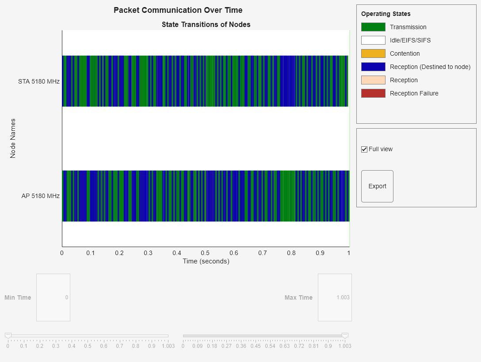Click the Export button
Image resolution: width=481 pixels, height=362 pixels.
(377, 186)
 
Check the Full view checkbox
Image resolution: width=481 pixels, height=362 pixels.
(364, 149)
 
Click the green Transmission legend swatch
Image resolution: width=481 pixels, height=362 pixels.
(373, 27)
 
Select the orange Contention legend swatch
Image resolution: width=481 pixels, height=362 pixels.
(373, 53)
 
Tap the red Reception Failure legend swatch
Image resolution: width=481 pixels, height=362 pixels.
(373, 93)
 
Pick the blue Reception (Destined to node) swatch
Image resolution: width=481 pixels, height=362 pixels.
(373, 67)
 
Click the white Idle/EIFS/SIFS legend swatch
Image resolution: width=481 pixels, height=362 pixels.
(373, 40)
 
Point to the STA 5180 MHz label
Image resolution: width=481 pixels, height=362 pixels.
(39, 81)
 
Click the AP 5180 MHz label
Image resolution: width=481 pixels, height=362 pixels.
(40, 196)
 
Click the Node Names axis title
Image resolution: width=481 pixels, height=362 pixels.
(13, 138)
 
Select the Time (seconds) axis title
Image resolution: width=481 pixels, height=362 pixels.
(206, 261)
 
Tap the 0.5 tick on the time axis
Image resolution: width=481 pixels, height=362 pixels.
(205, 253)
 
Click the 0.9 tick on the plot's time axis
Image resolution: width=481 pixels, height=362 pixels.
(320, 253)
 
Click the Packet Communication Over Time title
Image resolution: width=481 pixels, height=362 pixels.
(178, 10)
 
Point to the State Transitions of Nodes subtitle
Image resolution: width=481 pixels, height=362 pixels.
(206, 24)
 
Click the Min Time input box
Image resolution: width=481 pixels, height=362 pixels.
(53, 297)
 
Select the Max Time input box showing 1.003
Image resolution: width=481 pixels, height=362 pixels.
(335, 297)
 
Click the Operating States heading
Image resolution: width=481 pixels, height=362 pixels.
(386, 14)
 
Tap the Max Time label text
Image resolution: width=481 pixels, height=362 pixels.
(298, 297)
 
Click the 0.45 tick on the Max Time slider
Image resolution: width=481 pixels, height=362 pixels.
(256, 346)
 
